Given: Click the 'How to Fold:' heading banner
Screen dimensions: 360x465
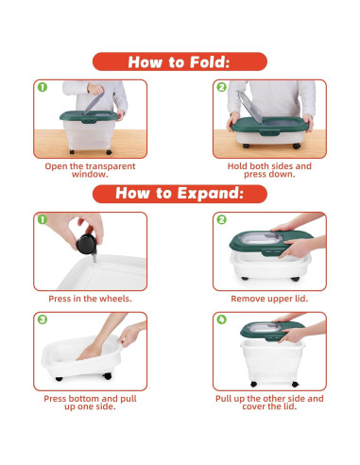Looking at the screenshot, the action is point(180,61).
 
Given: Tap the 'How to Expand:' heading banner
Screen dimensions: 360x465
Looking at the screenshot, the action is point(180,194).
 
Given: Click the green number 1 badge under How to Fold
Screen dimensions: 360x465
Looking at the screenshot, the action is point(43,87).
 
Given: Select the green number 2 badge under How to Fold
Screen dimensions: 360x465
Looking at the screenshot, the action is point(222,87).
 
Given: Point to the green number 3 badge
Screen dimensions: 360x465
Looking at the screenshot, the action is point(43,319).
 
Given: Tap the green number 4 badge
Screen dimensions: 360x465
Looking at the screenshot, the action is point(222,319).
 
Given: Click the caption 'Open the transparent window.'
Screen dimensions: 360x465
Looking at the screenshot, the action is point(90,170).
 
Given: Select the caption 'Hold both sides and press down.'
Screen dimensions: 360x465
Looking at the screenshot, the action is point(269,170).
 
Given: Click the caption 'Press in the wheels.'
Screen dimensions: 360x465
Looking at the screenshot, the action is point(90,299).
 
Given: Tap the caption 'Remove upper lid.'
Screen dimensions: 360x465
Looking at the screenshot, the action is point(269,299).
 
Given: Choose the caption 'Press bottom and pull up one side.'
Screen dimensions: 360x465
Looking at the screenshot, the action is point(90,403).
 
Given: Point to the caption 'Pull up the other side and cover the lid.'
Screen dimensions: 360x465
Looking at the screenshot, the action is point(269,403).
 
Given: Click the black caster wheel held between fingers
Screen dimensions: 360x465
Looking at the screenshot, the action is point(86,244).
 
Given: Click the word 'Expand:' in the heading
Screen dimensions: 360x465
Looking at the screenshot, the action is point(211,194).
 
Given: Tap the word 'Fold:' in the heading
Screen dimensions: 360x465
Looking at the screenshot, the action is point(210,61).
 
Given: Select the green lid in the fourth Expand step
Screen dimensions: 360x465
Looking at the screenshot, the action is point(271,331).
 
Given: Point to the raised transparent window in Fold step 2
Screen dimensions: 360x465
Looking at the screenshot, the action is point(249,107).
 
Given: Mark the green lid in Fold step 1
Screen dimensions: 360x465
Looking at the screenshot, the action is point(89,116).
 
